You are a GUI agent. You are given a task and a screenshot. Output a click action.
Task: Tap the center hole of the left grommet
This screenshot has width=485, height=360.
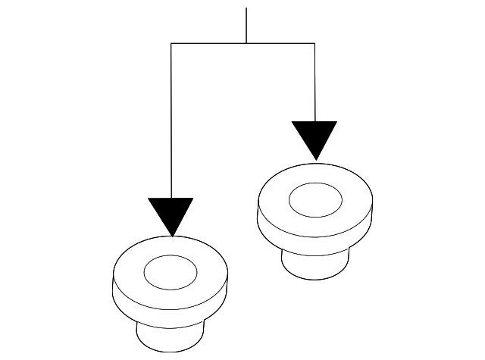tap(171, 272)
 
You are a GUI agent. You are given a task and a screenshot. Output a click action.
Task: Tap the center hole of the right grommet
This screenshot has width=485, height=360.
tap(315, 199)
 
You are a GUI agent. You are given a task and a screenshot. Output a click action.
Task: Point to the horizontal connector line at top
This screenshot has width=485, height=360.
tap(212, 44)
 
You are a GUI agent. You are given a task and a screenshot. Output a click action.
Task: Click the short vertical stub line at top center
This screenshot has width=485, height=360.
tap(246, 27)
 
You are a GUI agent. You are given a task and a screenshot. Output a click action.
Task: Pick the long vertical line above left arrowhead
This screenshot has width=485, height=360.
tap(171, 121)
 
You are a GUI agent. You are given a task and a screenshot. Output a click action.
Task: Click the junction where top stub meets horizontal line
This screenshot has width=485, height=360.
tap(246, 44)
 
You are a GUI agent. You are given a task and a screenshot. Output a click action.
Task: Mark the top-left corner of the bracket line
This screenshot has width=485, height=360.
tap(171, 44)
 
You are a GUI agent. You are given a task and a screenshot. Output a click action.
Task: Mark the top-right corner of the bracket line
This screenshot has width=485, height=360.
tap(314, 44)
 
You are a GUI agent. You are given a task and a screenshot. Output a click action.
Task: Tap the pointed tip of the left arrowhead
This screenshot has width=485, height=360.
tap(172, 236)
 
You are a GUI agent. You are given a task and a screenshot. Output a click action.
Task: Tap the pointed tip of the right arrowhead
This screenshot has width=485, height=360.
tap(315, 159)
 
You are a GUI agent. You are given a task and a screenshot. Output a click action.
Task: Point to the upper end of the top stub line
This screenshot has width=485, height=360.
tap(246, 9)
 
